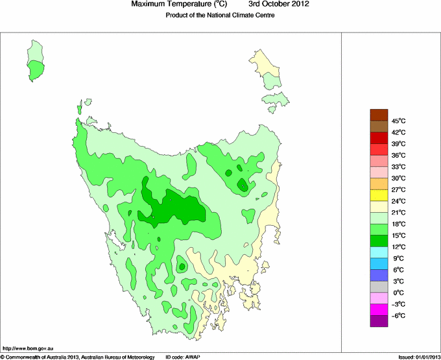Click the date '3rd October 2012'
point(279,5)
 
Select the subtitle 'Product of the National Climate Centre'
point(220,16)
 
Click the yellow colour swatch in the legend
point(379,195)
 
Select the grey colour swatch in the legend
point(379,287)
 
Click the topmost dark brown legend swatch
point(379,115)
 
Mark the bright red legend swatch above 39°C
point(379,138)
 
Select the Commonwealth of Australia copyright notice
point(78,356)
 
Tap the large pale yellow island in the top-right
point(266,68)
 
